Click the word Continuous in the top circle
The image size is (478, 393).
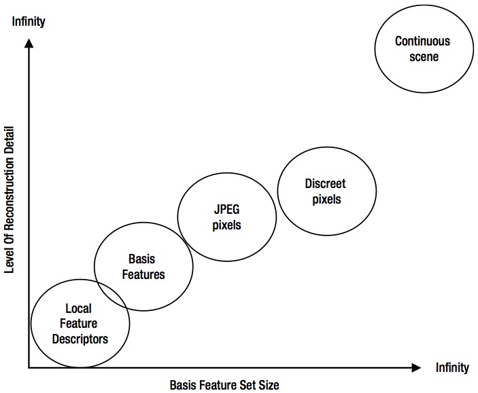422,41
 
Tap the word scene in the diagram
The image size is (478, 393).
424,57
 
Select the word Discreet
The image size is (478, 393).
325,183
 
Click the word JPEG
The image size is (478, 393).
227,210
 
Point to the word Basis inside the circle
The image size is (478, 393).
141,259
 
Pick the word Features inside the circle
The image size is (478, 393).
143,275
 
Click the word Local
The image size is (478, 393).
78,308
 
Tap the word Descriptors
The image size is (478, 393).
80,339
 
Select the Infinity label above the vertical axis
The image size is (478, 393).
29,22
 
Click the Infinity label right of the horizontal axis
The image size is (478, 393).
452,367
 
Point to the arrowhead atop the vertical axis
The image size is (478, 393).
29,43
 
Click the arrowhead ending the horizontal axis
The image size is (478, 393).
416,368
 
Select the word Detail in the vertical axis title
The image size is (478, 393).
10,138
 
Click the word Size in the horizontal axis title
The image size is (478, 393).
269,385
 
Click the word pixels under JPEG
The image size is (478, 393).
227,225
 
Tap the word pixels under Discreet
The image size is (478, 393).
326,200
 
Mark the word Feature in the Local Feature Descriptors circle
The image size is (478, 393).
78,323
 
